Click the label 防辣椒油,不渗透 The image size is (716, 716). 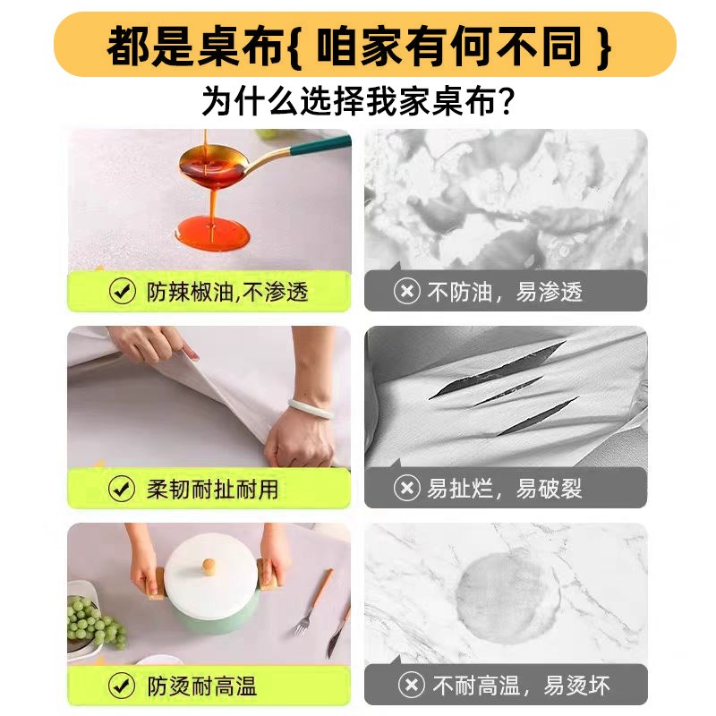pos(227,292)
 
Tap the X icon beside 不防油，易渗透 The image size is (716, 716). pos(407,292)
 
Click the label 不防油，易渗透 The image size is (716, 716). pos(505,292)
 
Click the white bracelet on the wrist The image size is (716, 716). pos(311,409)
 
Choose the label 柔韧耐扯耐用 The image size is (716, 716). pos(212,489)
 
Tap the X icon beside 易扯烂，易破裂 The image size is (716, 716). pos(407,489)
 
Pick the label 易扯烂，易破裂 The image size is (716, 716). pos(505,489)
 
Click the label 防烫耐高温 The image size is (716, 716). pos(201,686)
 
